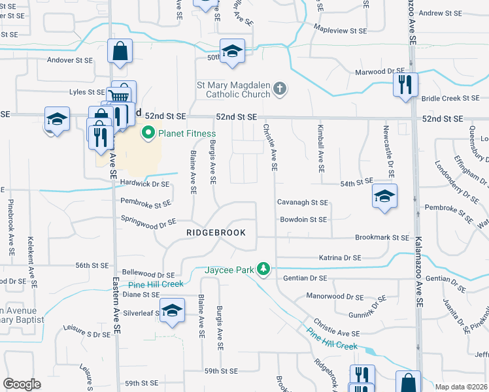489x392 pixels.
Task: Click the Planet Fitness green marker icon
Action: pos(148,134)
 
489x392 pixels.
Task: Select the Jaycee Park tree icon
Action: pos(263,269)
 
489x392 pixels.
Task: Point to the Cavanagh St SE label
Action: pos(301,203)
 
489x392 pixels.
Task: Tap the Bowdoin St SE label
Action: pos(303,220)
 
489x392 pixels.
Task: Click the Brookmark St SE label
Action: pos(381,238)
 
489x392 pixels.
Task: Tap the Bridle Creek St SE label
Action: pos(450,99)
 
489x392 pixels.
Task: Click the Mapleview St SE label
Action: pos(340,31)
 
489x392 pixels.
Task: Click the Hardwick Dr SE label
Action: pos(143,184)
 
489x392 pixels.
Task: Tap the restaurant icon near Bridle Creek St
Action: pos(405,85)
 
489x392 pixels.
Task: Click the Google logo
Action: pos(22,384)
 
